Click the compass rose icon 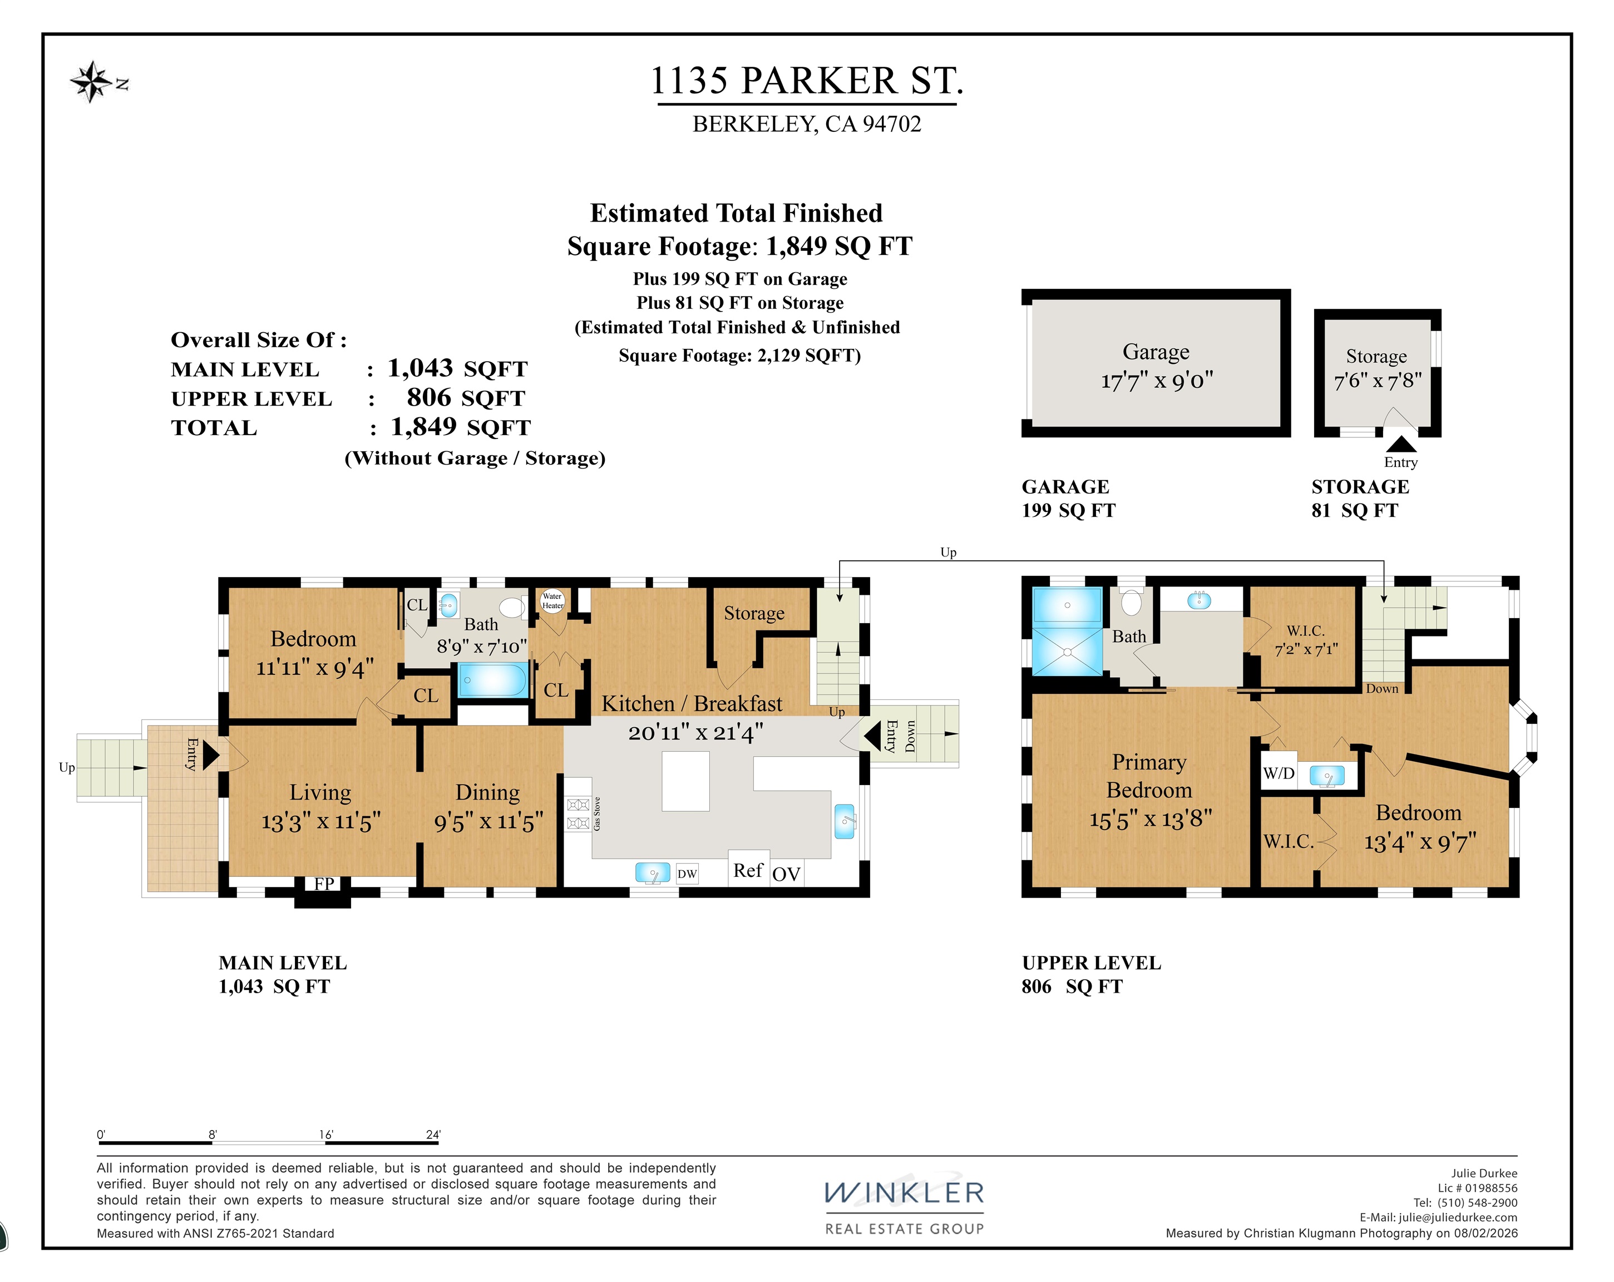(91, 81)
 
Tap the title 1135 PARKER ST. (806, 81)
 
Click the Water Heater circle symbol (552, 600)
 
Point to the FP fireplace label (323, 884)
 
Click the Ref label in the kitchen (748, 870)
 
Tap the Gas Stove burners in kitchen (578, 814)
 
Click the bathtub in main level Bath (492, 680)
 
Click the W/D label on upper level (1279, 773)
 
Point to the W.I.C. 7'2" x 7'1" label (1306, 640)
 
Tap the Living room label (320, 792)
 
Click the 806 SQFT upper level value (466, 398)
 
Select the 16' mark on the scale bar (325, 1135)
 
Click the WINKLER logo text (904, 1194)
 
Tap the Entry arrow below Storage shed (1401, 444)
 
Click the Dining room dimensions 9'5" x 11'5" (488, 822)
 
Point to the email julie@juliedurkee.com (1458, 1217)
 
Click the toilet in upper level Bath (1131, 601)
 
